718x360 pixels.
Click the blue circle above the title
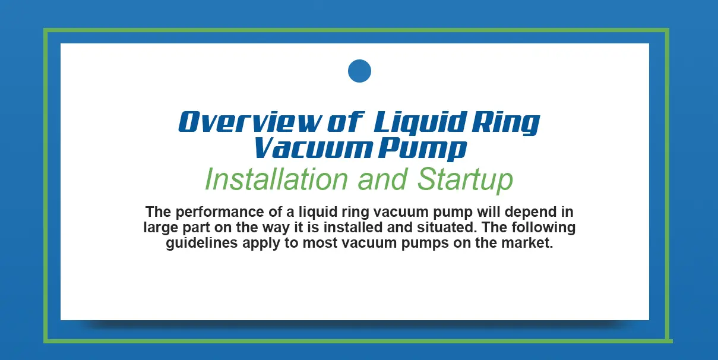click(x=359, y=71)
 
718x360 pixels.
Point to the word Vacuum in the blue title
click(x=301, y=149)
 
